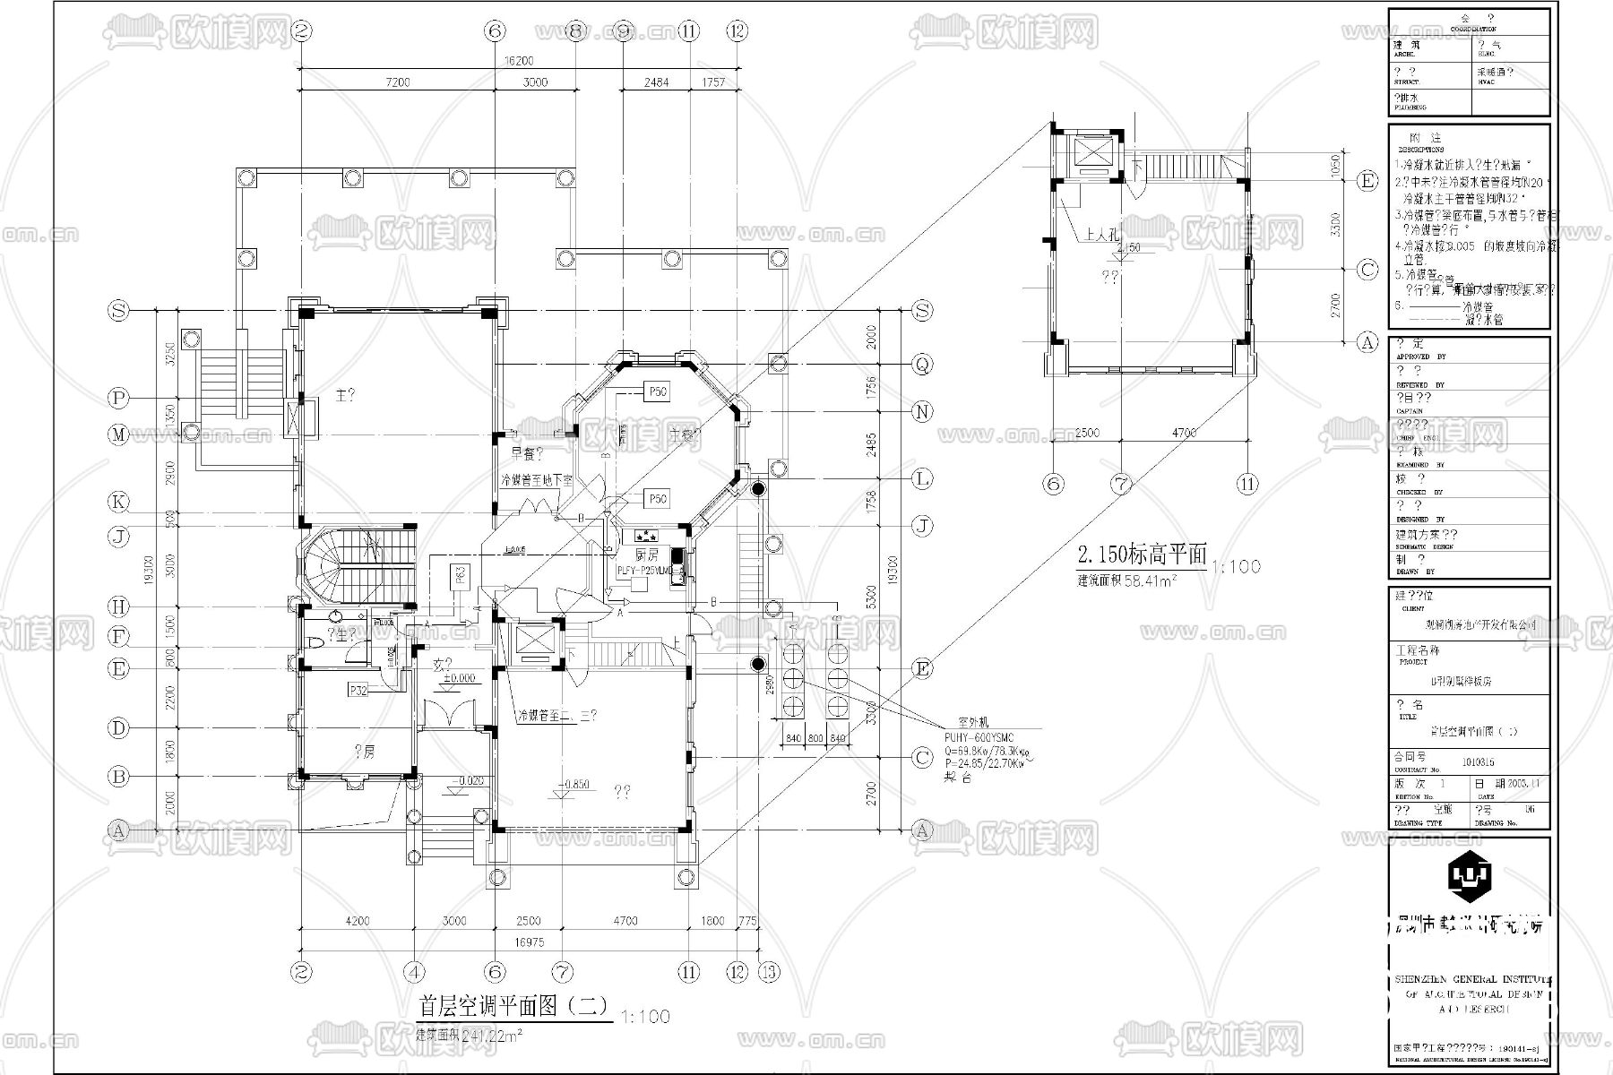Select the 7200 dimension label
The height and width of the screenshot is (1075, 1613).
click(397, 82)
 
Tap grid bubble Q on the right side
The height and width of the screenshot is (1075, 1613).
click(922, 364)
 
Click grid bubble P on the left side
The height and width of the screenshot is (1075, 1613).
click(118, 397)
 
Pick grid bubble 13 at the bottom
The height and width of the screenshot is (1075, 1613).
click(768, 972)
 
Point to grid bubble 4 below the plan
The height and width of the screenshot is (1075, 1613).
click(413, 972)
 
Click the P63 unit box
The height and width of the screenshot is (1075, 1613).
click(459, 575)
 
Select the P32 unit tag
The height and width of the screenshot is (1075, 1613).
click(359, 690)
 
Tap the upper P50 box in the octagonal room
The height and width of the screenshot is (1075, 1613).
click(658, 391)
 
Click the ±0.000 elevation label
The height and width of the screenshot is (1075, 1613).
click(458, 678)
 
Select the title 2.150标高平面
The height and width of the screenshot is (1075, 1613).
click(1142, 554)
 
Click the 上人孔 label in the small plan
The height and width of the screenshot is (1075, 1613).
click(1098, 235)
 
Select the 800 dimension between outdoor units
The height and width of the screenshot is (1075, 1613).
click(815, 738)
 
